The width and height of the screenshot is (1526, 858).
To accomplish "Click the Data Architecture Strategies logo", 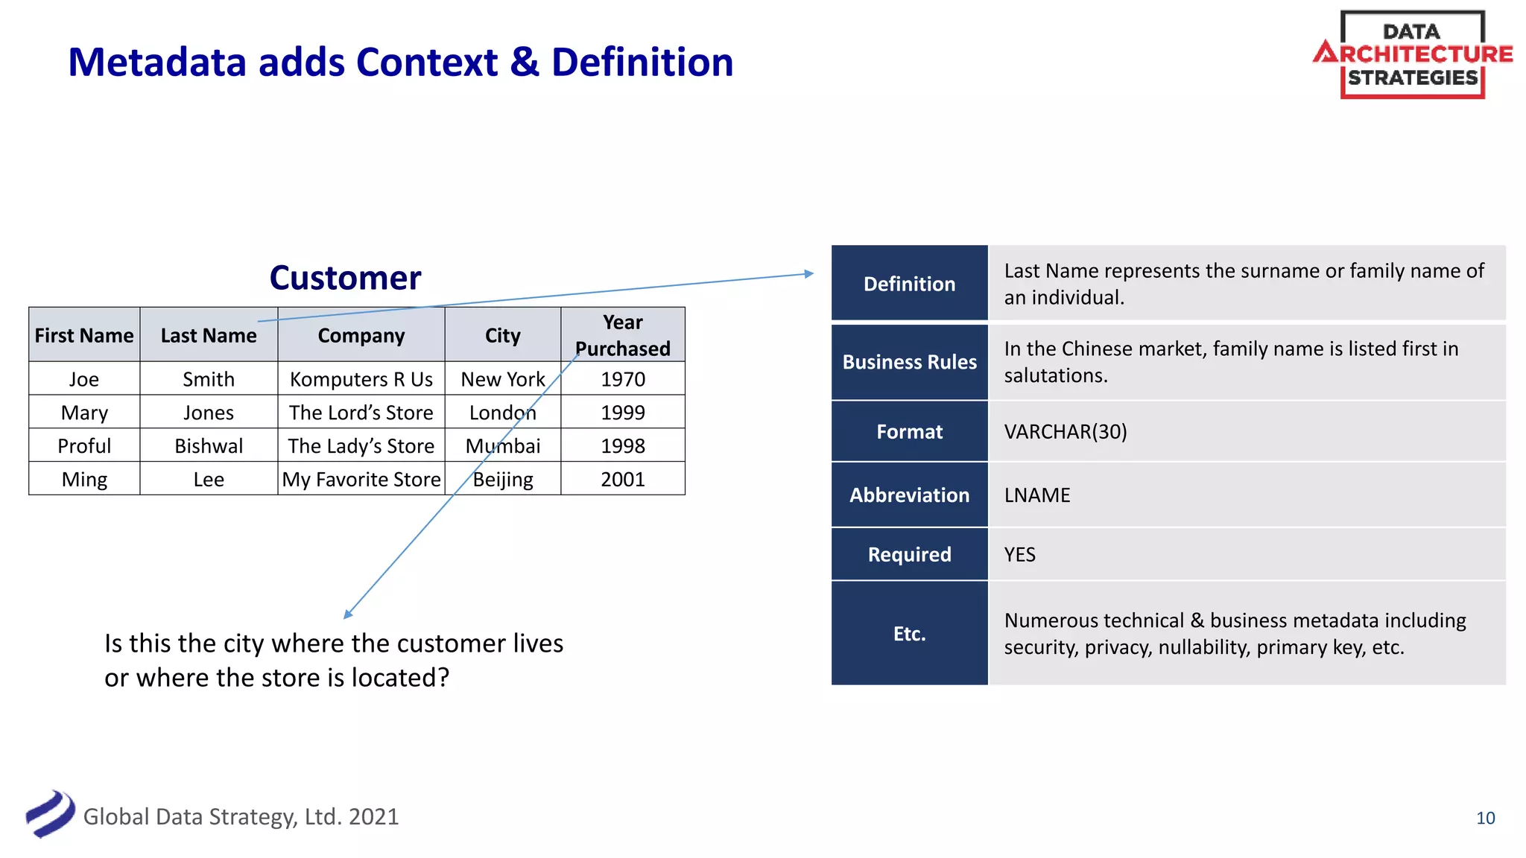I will coord(1412,54).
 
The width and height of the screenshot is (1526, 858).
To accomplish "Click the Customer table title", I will coord(345,278).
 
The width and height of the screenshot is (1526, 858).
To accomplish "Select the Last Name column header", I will coord(209,336).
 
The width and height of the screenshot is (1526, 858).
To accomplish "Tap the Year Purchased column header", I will coord(623,335).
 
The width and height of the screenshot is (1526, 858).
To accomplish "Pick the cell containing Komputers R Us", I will coord(361,379).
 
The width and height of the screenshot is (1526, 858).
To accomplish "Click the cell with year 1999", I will coord(623,413).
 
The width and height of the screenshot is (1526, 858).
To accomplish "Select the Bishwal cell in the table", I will coord(209,446).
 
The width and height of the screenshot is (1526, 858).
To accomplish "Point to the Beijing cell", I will coord(503,480).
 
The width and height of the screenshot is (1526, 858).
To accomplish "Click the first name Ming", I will coord(84,480).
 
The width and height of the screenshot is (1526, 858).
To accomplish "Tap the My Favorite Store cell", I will coord(361,480).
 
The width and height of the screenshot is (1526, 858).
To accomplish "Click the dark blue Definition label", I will coord(909,284).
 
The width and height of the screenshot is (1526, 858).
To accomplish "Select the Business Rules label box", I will coord(909,362).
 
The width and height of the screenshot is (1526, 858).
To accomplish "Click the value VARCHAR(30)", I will coord(1066,432).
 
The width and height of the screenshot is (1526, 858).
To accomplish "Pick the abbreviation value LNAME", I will coord(1037,495).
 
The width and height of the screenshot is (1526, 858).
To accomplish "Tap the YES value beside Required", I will coord(1019,555).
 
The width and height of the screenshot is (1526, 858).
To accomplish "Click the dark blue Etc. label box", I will coord(909,634).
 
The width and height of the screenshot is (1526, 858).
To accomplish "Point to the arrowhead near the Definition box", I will coord(809,274).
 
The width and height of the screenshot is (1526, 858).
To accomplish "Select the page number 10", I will coord(1485,819).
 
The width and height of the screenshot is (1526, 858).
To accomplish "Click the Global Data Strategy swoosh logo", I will coord(50,814).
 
